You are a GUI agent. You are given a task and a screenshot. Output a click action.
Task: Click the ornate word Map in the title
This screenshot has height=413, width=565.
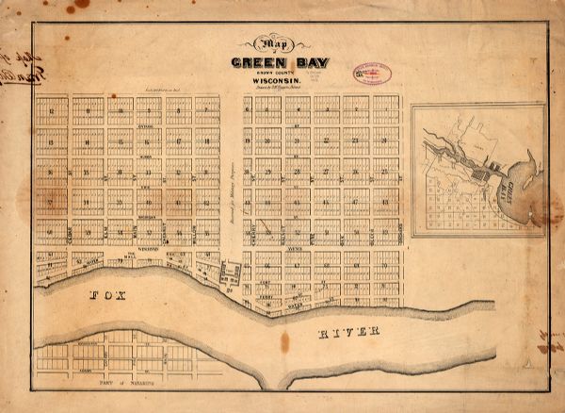tap(269, 44)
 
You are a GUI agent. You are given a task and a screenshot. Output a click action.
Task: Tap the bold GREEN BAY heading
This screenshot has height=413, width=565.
tap(271, 64)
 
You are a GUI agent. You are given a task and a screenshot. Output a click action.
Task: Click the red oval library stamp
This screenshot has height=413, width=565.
tap(372, 74)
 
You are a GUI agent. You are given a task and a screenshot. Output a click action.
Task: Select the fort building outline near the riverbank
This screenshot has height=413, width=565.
tap(228, 274)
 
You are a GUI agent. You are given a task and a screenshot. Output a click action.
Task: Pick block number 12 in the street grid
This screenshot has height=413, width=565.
tap(52, 111)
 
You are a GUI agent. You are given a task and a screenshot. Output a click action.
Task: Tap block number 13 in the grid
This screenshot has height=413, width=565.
tap(52, 141)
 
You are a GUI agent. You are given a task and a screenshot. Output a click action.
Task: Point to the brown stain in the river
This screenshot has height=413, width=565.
tap(283, 341)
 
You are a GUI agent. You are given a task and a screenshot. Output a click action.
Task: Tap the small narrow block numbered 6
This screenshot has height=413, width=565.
tap(248, 111)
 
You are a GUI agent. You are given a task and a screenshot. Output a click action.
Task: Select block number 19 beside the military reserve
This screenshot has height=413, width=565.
tap(248, 141)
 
